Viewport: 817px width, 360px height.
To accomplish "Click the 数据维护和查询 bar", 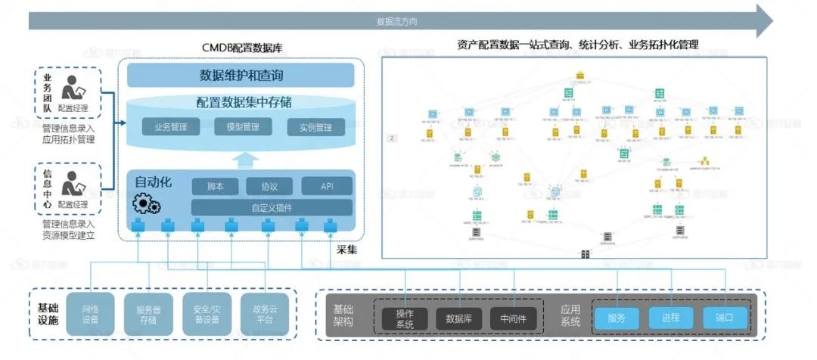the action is pos(241,76).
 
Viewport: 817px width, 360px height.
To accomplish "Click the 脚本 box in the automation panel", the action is pos(216,186).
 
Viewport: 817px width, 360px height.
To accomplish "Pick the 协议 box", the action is pos(269,186).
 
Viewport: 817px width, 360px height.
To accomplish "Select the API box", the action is pos(327,186).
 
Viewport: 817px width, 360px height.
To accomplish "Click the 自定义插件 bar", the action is pos(272,207).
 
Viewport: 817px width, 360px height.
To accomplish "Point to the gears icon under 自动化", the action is pos(146,203).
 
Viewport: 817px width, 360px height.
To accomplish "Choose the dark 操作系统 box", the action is pos(405,318).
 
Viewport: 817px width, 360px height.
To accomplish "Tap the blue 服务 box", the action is pos(617,318).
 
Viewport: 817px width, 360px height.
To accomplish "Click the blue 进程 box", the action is pos(670,318).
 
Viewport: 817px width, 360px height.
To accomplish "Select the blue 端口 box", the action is pos(725,318).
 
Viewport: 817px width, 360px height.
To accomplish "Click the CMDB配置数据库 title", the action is pos(241,51).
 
